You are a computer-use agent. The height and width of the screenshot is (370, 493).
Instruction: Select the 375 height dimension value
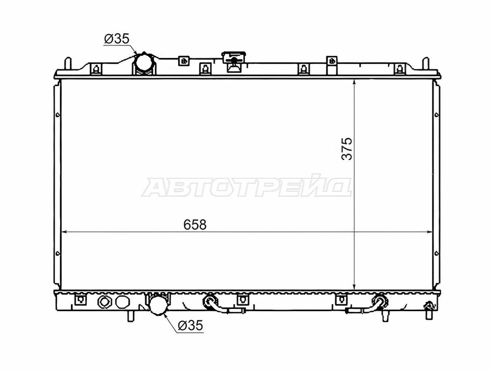coord(347,149)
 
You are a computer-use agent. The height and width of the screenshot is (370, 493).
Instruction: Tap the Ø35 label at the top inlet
coord(117,39)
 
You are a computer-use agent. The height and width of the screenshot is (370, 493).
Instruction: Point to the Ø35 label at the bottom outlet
coord(190,325)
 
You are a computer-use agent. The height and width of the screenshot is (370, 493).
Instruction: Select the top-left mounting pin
coord(68,64)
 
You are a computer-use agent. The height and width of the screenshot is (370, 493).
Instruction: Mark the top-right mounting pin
coord(426,64)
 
